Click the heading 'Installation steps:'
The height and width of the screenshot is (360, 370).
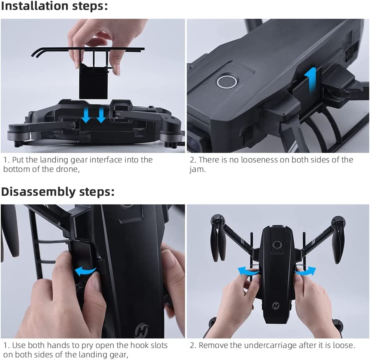[54, 7]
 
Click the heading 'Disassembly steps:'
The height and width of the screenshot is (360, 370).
[58, 192]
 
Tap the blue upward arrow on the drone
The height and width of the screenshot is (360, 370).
[312, 80]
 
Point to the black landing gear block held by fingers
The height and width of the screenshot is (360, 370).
[93, 81]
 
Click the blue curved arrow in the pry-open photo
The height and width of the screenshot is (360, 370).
[85, 270]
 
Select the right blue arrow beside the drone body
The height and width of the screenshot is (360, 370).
[305, 270]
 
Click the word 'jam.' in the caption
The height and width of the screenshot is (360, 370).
[198, 170]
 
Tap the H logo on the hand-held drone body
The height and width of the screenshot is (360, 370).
[276, 305]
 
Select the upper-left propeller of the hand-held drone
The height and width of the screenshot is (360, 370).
[217, 239]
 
